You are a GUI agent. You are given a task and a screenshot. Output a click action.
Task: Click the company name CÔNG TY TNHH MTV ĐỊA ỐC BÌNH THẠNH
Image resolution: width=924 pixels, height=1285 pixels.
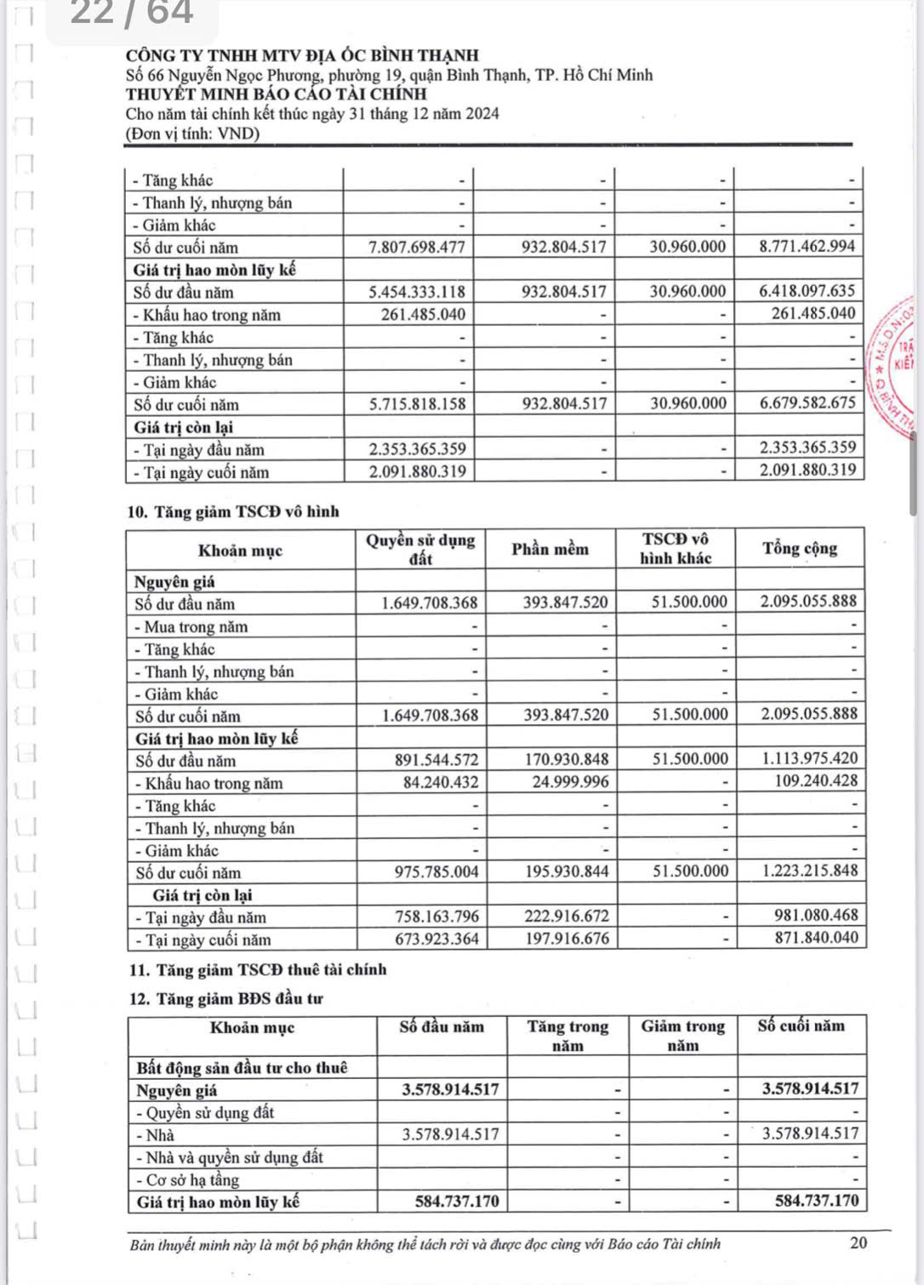302,56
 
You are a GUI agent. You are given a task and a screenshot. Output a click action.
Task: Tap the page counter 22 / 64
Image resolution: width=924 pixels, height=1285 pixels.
131,13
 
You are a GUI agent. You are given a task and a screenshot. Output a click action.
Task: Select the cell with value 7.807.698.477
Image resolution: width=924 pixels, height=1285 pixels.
417,247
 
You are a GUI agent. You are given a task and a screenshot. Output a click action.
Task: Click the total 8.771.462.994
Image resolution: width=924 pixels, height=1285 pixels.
807,247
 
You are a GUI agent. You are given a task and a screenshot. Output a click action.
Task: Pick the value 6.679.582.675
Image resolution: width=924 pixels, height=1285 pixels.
807,403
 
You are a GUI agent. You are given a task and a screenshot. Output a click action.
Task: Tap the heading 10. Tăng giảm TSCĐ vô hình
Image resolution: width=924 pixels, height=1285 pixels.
233,511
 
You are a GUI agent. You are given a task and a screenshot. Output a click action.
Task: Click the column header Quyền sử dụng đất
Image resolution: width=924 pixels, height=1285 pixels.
420,549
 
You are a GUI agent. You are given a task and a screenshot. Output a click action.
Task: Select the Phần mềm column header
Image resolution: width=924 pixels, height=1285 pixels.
550,549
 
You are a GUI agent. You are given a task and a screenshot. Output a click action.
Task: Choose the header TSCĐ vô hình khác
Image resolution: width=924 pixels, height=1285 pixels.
676,549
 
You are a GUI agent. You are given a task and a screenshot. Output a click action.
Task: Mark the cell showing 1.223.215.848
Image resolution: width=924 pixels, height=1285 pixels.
809,871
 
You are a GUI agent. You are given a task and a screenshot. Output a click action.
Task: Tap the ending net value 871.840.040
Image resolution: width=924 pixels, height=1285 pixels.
809,938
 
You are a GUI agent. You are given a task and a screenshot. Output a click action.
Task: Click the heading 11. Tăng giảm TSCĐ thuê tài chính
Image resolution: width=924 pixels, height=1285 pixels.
258,969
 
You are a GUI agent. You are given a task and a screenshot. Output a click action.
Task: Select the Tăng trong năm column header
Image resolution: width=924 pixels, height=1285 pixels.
568,1036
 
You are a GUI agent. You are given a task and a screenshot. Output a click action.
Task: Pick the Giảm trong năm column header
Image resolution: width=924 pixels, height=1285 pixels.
682,1036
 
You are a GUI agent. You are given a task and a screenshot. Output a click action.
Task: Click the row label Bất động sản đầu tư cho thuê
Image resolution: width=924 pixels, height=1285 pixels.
242,1067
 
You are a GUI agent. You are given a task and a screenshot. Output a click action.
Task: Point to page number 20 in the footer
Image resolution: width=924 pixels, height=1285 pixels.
858,1242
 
